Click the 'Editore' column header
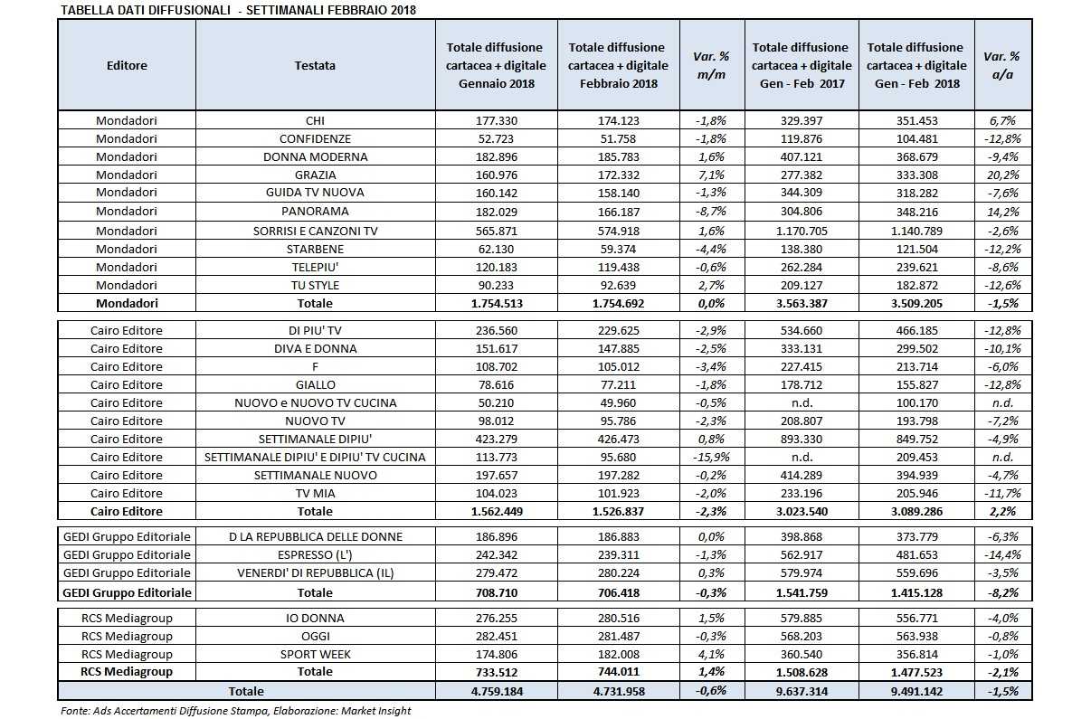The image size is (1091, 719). tap(126, 65)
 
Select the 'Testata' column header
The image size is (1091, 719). tap(315, 65)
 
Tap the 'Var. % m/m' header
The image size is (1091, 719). tap(711, 65)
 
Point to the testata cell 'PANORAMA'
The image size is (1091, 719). tap(315, 211)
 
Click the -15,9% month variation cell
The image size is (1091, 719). tap(711, 457)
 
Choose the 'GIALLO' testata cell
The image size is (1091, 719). tap(315, 384)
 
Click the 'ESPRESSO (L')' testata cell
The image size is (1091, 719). tap(315, 554)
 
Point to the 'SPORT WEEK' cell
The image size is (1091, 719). tap(315, 654)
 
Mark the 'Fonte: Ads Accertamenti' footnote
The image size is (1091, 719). tap(235, 711)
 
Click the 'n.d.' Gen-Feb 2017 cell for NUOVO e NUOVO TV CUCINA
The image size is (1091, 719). tap(800, 402)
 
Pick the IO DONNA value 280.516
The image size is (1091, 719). tap(618, 618)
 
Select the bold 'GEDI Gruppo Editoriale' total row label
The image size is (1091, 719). tap(126, 592)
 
